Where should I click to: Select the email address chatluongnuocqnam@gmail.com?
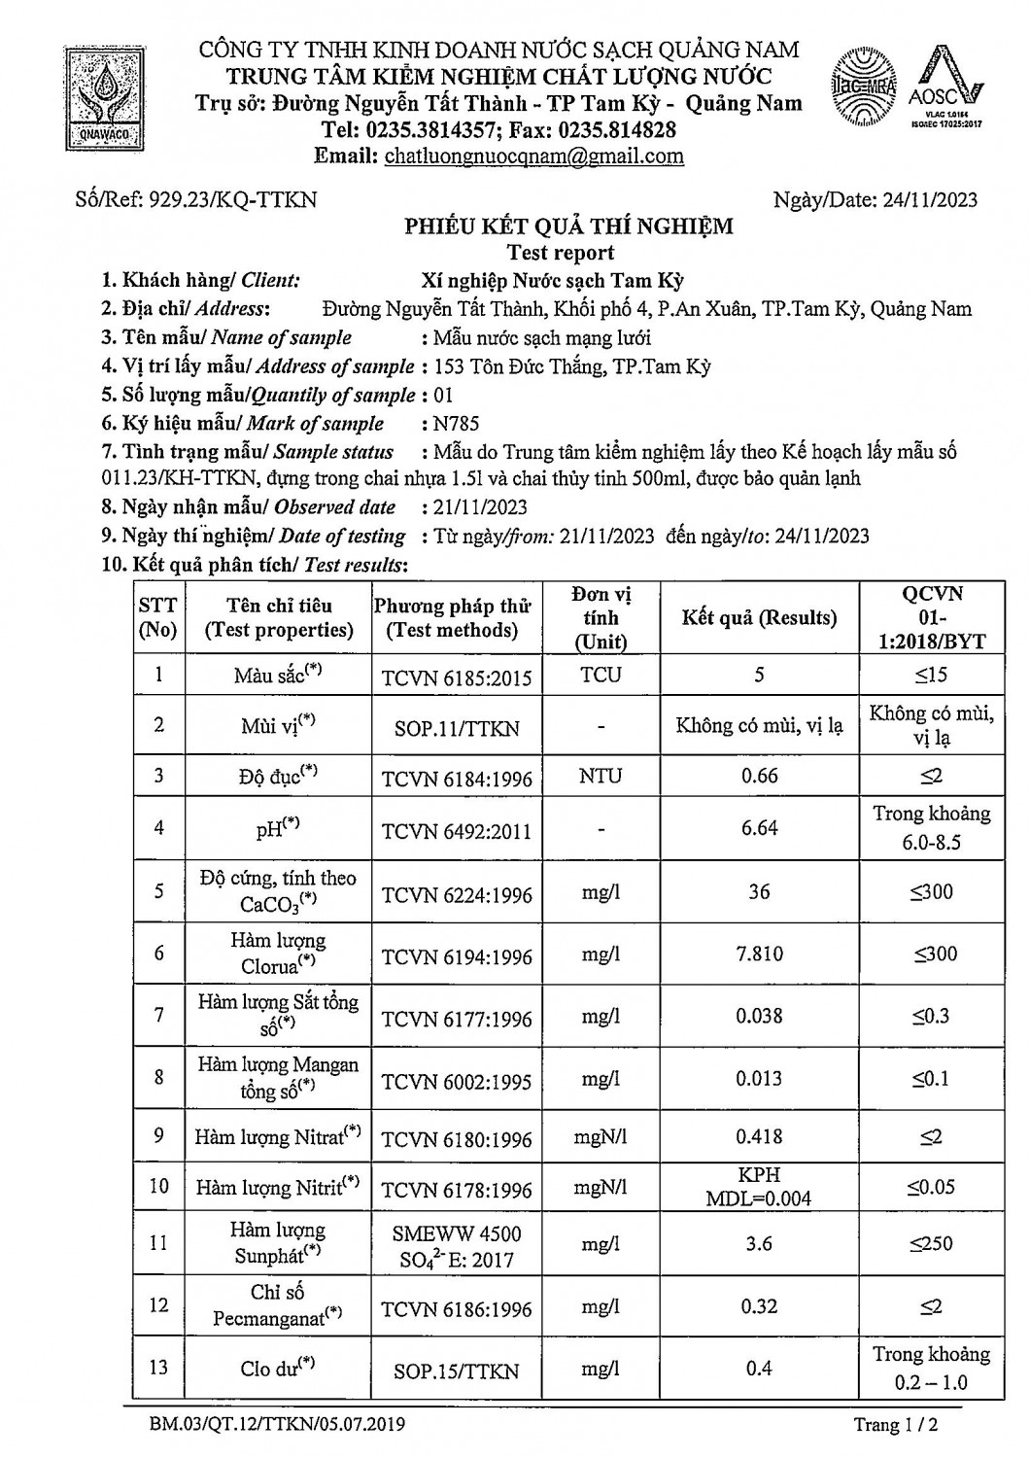[x=533, y=156]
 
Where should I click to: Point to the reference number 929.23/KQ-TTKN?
[x=230, y=200]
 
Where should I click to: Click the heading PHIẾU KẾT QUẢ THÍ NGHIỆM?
[x=568, y=227]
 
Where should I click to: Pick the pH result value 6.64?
[x=759, y=827]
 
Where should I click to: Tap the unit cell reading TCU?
[x=601, y=675]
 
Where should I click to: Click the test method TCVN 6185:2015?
[x=457, y=677]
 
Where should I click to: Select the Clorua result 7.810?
[x=759, y=954]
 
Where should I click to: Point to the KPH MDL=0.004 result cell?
[x=759, y=1186]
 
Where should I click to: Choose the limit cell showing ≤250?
[x=931, y=1242]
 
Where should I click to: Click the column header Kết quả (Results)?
[x=759, y=617]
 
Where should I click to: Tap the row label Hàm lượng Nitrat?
[x=278, y=1136]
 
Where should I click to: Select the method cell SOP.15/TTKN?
[x=457, y=1371]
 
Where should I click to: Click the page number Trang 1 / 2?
[x=896, y=1425]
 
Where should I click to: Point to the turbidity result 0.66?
[x=759, y=776]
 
